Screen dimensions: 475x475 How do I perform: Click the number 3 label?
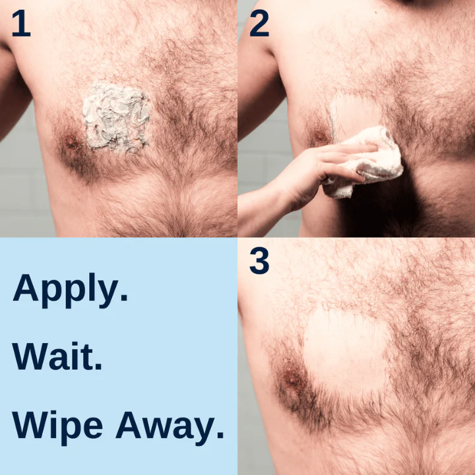pyautogui.click(x=259, y=261)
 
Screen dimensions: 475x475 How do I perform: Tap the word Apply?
pyautogui.click(x=66, y=290)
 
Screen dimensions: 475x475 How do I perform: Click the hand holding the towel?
pyautogui.click(x=336, y=165)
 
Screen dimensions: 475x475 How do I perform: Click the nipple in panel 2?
pyautogui.click(x=321, y=137)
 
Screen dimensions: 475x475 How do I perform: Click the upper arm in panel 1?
pyautogui.click(x=12, y=92)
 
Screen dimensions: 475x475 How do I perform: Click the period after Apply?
pyautogui.click(x=124, y=300)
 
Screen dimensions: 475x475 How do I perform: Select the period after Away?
pyautogui.click(x=220, y=436)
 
